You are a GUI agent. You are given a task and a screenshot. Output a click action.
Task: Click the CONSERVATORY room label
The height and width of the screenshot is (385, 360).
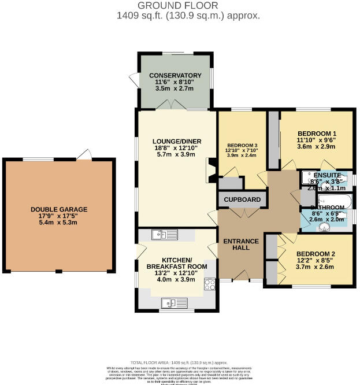175,76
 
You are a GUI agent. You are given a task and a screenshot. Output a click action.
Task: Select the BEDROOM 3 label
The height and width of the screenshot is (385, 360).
242,145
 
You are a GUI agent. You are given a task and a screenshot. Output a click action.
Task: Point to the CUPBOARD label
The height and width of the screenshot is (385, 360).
242,200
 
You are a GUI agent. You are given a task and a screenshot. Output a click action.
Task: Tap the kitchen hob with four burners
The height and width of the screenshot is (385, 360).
210,284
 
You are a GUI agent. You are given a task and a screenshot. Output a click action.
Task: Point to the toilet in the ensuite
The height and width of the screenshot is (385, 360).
345,179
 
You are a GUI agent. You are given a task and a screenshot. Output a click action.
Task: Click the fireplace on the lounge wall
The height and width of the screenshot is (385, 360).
210,172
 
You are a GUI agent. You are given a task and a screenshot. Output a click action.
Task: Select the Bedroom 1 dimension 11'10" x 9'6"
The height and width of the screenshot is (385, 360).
316,139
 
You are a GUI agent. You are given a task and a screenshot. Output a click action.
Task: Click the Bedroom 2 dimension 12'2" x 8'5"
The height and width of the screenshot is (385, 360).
316,261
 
